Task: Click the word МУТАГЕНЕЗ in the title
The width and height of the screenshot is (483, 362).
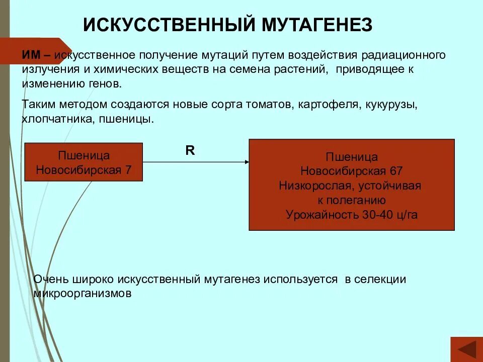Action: pyautogui.click(x=316, y=24)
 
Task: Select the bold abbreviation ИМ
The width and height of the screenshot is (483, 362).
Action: pyautogui.click(x=31, y=55)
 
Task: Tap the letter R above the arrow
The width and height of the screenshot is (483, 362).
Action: pyautogui.click(x=190, y=150)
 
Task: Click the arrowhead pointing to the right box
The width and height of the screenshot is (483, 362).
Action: pyautogui.click(x=247, y=161)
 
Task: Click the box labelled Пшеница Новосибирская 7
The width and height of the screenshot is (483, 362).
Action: pyautogui.click(x=84, y=162)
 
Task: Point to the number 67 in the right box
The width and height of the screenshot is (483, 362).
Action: pyautogui.click(x=395, y=171)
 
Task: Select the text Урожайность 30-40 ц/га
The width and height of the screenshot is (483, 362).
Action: pyautogui.click(x=352, y=215)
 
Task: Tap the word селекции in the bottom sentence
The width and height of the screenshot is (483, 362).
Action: pyautogui.click(x=381, y=280)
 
